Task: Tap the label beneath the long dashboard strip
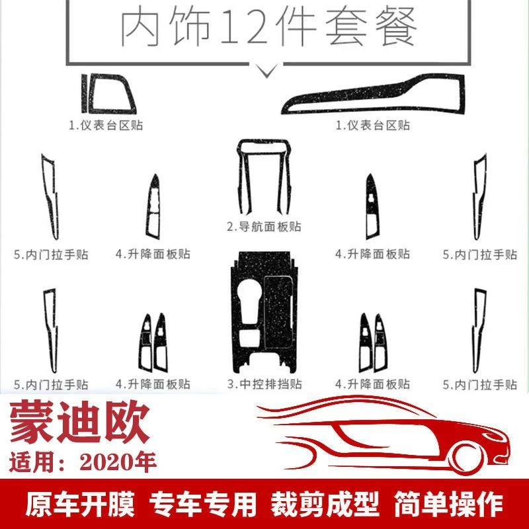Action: pyautogui.click(x=373, y=126)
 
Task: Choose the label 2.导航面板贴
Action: pyautogui.click(x=264, y=226)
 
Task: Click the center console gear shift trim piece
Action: pyautogui.click(x=264, y=311)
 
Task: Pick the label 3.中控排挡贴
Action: pyautogui.click(x=264, y=384)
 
